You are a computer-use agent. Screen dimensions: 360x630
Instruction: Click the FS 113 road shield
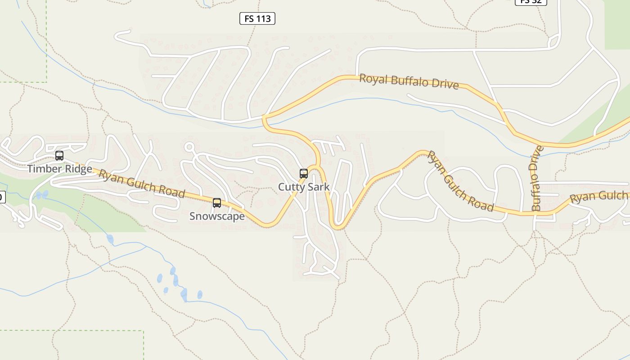[257, 18]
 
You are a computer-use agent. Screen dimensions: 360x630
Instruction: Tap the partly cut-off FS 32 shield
[531, 2]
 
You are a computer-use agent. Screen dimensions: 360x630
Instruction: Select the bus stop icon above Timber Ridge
[59, 156]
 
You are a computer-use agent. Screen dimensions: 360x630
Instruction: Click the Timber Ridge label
[59, 169]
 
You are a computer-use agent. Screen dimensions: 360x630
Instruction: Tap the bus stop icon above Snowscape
[217, 203]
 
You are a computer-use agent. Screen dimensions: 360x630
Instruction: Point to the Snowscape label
[217, 216]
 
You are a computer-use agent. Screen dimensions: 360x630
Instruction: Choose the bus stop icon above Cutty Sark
[304, 174]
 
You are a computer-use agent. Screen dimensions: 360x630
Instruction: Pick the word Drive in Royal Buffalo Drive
[446, 84]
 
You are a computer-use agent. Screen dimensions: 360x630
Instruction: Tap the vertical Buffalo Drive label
[536, 178]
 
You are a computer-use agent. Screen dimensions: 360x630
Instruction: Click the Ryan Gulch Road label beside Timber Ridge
[142, 183]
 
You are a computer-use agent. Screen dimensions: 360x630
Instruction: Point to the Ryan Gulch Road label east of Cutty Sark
[460, 181]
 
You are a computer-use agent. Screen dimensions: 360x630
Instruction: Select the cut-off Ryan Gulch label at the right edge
[598, 197]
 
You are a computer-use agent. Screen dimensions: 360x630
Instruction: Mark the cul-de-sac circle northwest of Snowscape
[189, 147]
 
